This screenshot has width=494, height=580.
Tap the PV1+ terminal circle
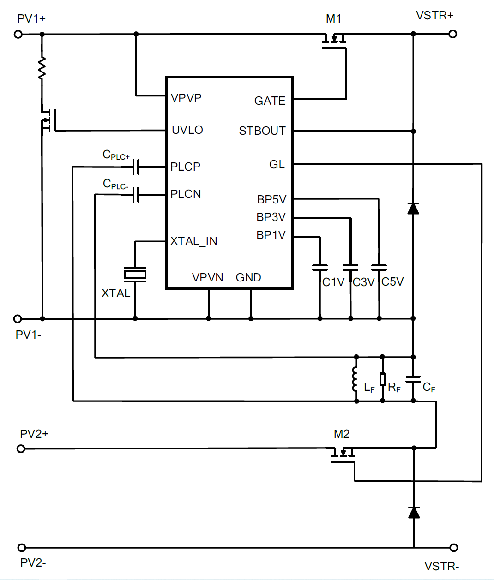(18, 34)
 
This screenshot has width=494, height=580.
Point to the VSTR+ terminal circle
(453, 34)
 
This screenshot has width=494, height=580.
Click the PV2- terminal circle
(21, 548)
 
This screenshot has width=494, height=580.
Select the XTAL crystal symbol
(135, 274)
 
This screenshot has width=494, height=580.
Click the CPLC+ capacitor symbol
(136, 167)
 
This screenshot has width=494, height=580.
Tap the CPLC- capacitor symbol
(136, 194)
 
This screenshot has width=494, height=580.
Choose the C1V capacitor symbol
(320, 268)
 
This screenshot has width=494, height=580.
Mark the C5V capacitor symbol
(379, 268)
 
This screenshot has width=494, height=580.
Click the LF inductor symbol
(355, 379)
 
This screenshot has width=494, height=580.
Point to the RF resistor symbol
(382, 379)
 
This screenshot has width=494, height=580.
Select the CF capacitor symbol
(413, 379)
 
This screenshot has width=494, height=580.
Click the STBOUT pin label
(262, 131)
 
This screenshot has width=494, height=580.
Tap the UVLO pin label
(187, 130)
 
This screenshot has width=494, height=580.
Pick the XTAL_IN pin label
(194, 241)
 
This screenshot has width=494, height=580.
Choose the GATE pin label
(270, 101)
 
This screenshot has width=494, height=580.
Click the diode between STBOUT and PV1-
(413, 209)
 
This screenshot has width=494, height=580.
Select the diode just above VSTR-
(414, 512)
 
